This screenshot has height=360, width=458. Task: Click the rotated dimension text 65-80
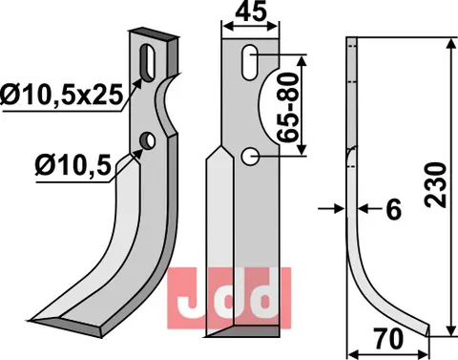point(283,104)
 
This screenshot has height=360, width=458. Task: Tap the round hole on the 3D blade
point(147,142)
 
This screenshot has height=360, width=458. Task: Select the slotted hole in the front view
point(247,61)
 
